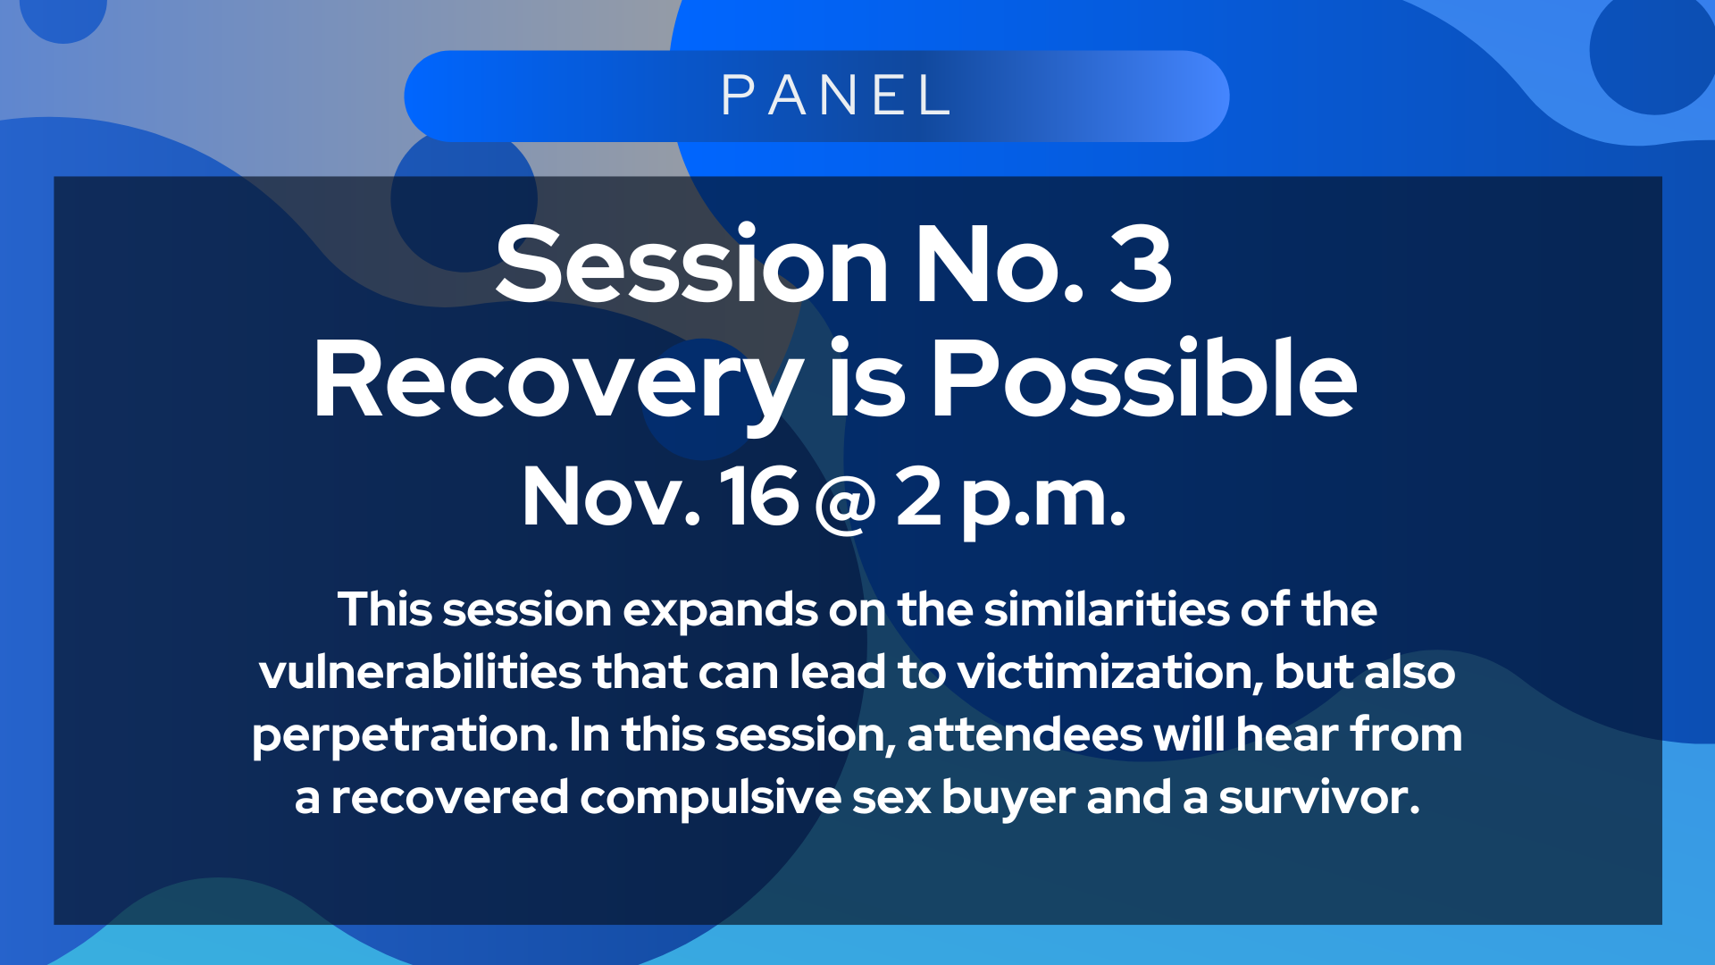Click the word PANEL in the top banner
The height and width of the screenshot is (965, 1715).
click(835, 96)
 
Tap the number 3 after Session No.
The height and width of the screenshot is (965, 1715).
click(1141, 264)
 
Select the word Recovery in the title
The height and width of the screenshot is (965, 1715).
click(557, 380)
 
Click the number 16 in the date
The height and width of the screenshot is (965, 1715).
click(759, 496)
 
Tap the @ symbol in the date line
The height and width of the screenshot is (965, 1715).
click(845, 503)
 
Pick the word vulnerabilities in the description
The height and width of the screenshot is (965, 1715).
click(420, 672)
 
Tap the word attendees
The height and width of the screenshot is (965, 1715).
click(1025, 735)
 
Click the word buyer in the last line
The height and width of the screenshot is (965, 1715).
click(1008, 799)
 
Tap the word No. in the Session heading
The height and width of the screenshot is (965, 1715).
click(1000, 264)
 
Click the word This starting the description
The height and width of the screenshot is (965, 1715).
click(385, 609)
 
